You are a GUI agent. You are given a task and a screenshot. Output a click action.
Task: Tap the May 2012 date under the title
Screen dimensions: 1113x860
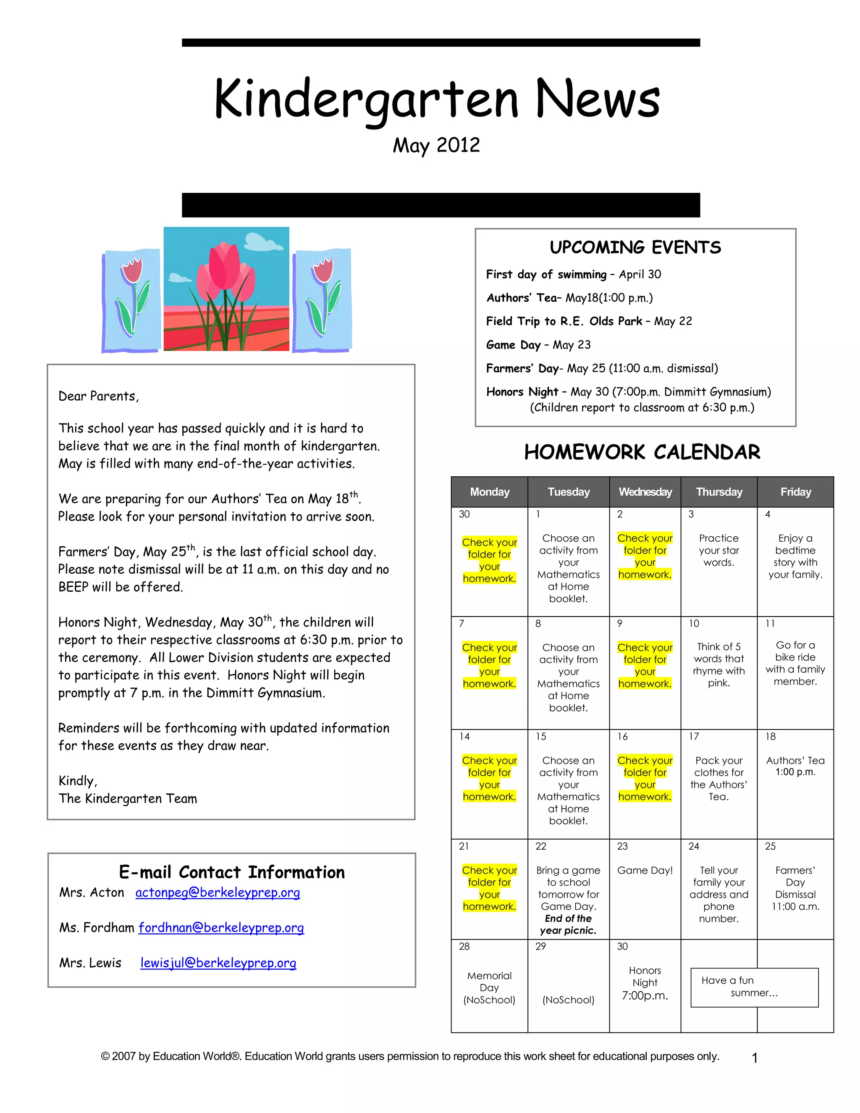point(436,145)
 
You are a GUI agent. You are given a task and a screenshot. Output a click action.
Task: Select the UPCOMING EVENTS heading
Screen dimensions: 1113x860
point(635,248)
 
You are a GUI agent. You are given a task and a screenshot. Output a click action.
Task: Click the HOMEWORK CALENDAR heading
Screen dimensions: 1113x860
point(642,452)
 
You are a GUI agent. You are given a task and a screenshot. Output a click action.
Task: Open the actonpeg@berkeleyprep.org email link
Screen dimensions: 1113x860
point(218,892)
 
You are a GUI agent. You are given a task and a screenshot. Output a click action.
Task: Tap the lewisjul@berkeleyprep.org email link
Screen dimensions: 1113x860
point(218,963)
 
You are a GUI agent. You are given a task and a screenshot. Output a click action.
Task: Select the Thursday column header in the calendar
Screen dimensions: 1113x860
point(719,492)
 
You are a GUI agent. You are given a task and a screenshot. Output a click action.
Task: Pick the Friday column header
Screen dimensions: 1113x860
point(795,492)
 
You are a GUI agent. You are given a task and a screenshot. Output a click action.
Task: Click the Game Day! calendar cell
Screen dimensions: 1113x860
point(645,870)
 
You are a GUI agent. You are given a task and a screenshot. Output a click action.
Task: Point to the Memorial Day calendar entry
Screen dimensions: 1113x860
point(489,988)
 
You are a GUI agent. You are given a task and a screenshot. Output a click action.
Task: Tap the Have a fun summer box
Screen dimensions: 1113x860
point(754,987)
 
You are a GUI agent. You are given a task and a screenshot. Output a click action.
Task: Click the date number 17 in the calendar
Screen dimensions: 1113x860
point(694,736)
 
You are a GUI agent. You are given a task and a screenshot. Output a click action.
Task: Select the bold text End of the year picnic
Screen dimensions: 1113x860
point(568,924)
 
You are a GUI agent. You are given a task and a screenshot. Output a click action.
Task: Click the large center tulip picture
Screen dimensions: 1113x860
point(226,289)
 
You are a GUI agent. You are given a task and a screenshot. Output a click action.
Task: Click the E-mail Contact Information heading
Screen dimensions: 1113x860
point(232,872)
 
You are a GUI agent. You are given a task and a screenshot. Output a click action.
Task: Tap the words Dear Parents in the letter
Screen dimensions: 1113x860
point(98,396)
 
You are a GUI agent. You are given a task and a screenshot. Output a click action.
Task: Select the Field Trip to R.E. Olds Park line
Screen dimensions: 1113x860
point(589,321)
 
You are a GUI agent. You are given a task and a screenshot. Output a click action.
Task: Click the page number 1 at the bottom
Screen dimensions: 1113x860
point(755,1058)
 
